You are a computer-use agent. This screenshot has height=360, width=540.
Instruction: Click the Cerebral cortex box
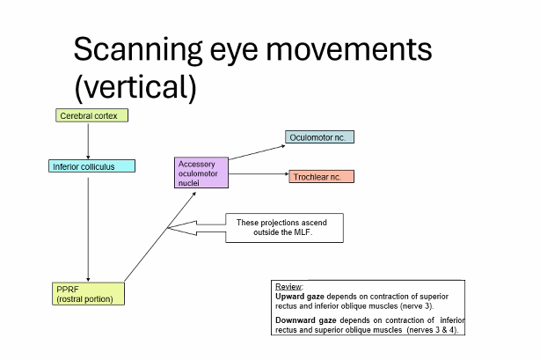92,115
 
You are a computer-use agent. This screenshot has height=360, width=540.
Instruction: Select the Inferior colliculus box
91,165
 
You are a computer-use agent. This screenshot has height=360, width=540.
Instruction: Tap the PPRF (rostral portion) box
89,294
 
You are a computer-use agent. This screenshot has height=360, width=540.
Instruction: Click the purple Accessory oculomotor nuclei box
201,173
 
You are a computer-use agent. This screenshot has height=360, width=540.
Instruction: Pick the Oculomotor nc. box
319,137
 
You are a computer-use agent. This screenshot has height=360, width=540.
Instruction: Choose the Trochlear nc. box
321,177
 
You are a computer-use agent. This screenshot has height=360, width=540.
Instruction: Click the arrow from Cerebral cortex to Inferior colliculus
89,141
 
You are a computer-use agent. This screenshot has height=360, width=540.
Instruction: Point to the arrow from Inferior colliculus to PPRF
89,227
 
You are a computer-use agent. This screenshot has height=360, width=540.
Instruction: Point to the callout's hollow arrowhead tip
169,231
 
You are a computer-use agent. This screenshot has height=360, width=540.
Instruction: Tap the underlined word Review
288,287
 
